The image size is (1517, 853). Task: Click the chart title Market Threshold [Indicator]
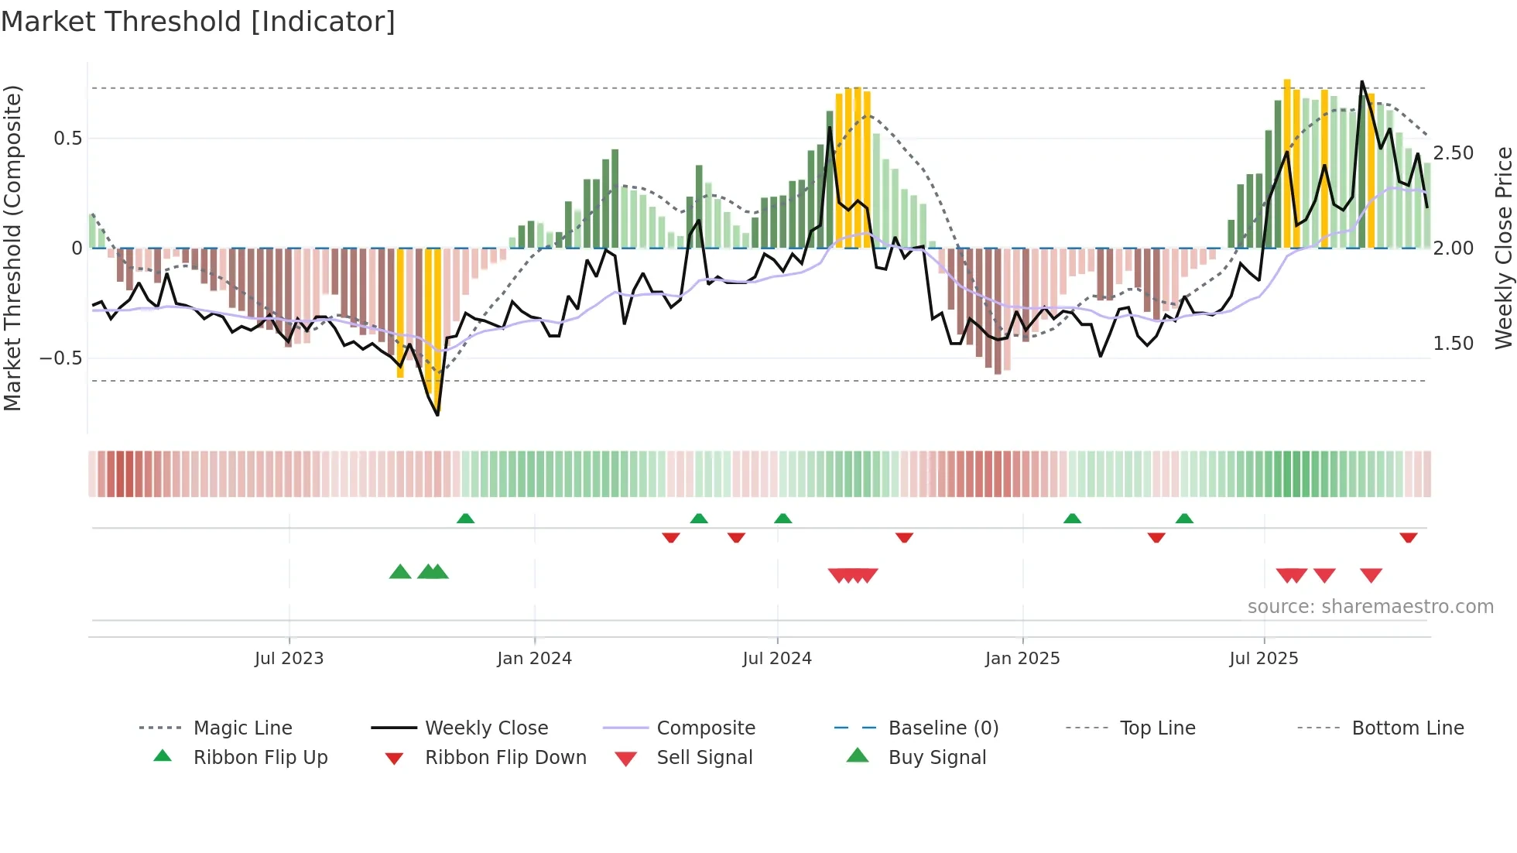(198, 22)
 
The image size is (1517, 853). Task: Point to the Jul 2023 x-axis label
(289, 659)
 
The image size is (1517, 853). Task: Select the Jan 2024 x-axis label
(534, 659)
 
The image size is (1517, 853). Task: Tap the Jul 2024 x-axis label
(777, 659)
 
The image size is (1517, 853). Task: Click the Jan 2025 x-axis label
(1022, 659)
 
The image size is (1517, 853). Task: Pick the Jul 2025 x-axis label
(1264, 659)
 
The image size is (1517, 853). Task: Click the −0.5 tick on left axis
(61, 358)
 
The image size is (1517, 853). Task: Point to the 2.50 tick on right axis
(1454, 153)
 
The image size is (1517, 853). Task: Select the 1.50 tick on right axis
(1454, 344)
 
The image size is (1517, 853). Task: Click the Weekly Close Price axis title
(1503, 248)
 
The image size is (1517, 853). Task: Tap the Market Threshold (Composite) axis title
(12, 248)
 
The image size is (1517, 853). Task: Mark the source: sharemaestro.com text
(1370, 607)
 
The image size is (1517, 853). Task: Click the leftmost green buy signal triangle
(400, 572)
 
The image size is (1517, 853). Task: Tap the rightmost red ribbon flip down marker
(1408, 537)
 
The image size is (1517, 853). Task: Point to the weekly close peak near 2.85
(1362, 81)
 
